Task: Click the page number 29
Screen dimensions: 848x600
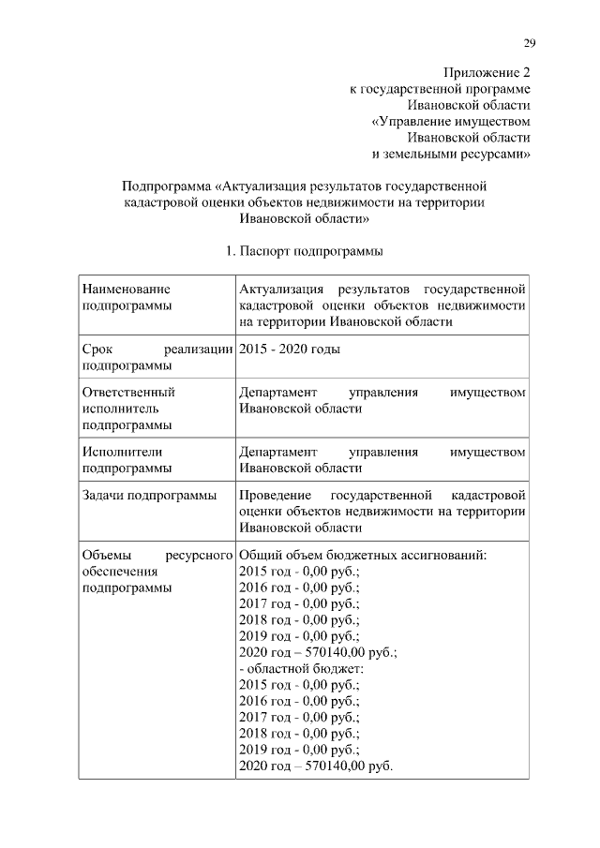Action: [x=529, y=41]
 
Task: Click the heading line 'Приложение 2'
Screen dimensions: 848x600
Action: [x=487, y=72]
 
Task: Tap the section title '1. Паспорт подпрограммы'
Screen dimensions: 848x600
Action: [x=304, y=251]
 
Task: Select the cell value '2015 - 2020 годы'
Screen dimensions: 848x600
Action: [x=290, y=349]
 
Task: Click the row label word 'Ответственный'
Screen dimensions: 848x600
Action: [x=128, y=392]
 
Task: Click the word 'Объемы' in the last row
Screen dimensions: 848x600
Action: [x=107, y=555]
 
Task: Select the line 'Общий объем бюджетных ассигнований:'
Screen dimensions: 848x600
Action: [x=363, y=555]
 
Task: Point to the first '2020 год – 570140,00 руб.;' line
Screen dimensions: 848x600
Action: [x=318, y=652]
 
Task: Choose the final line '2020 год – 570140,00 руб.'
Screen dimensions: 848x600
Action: [x=316, y=766]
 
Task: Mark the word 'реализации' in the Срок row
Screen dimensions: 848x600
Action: [x=203, y=349]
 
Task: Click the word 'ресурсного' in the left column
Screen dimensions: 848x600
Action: [x=198, y=555]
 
